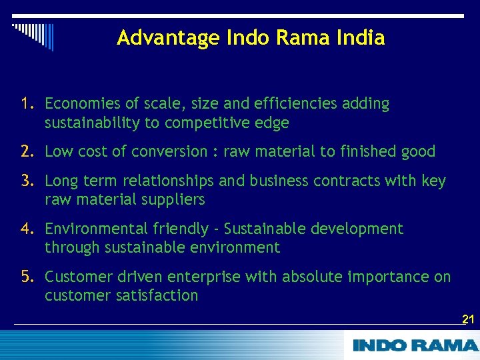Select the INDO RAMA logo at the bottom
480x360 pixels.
point(415,345)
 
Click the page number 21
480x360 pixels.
point(468,320)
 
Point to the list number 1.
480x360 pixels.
point(27,104)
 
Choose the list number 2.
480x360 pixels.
point(27,152)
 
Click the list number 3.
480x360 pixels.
point(27,181)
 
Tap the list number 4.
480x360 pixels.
point(27,229)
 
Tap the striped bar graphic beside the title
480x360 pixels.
point(32,34)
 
